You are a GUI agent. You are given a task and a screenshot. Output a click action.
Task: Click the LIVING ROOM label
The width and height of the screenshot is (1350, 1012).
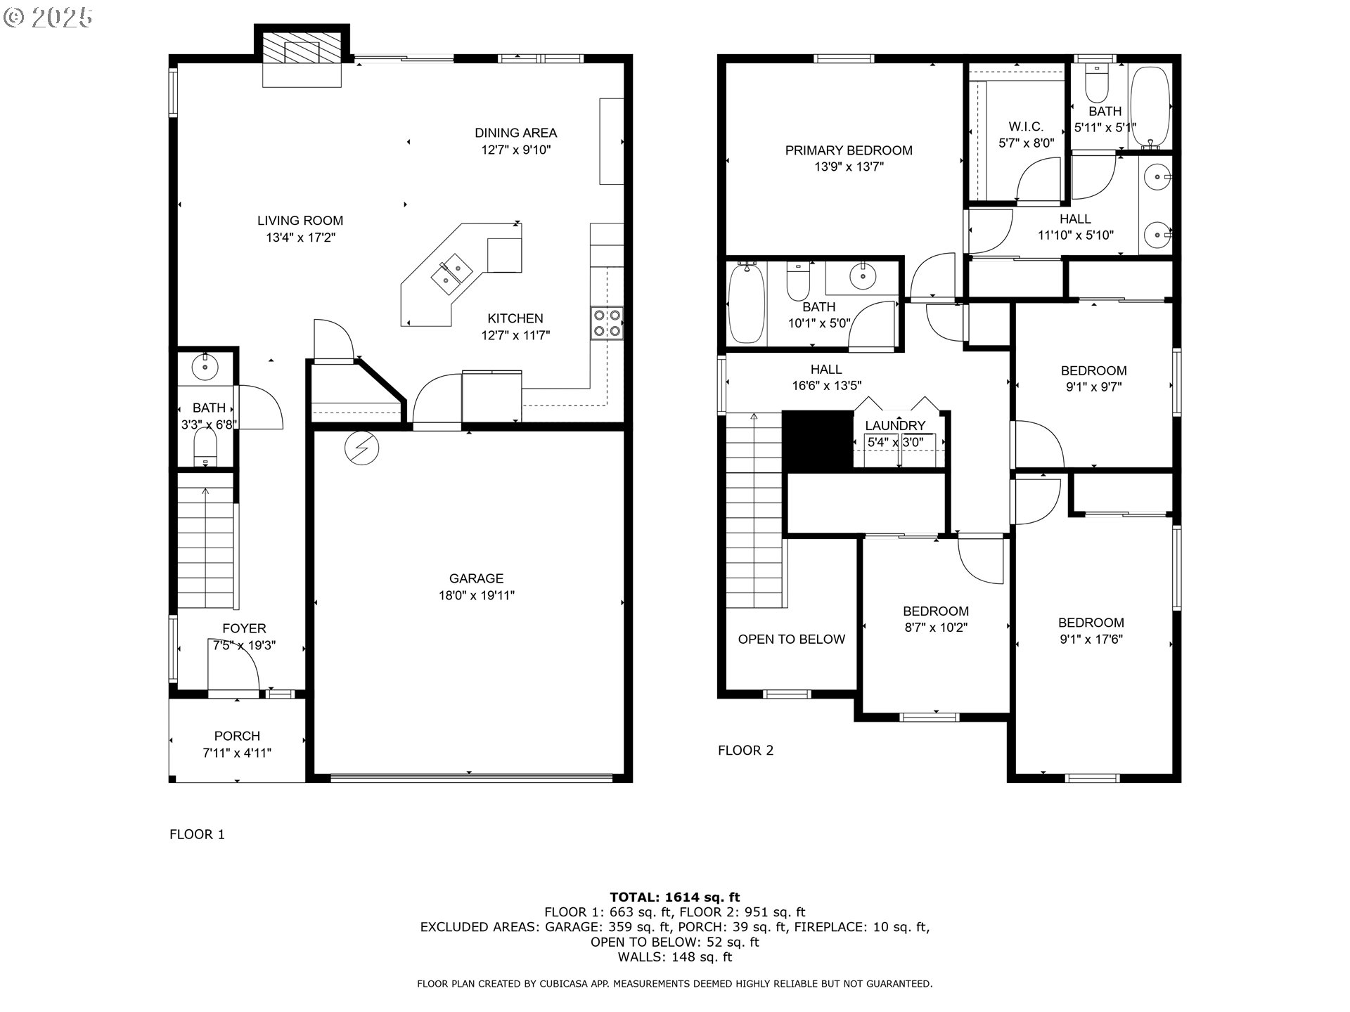pyautogui.click(x=300, y=221)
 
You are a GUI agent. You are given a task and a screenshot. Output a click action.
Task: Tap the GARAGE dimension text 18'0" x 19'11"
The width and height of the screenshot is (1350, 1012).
pyautogui.click(x=476, y=595)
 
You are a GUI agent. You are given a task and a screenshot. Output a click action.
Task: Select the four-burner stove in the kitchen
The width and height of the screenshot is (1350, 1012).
pyautogui.click(x=607, y=323)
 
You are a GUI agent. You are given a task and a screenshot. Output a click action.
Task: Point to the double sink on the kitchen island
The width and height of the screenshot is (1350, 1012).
pyautogui.click(x=451, y=275)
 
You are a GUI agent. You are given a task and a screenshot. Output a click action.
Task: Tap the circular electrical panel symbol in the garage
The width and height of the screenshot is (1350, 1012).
pyautogui.click(x=362, y=448)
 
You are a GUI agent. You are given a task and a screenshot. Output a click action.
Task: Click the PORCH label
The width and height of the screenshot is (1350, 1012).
pyautogui.click(x=237, y=736)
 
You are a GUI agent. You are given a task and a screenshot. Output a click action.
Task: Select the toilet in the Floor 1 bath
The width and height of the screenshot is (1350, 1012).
pyautogui.click(x=205, y=447)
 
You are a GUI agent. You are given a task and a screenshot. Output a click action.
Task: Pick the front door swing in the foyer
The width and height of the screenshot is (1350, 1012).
pyautogui.click(x=234, y=665)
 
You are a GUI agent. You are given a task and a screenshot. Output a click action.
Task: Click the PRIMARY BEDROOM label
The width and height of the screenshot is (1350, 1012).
pyautogui.click(x=849, y=150)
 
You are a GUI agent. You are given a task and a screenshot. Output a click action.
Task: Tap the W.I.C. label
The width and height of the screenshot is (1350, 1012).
pyautogui.click(x=1026, y=126)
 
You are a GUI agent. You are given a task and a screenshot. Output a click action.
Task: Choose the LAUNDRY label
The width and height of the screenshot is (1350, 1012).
pyautogui.click(x=895, y=425)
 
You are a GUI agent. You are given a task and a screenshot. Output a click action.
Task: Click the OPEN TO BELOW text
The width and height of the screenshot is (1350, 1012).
pyautogui.click(x=792, y=639)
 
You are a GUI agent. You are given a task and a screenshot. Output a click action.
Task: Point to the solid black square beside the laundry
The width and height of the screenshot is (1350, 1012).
pyautogui.click(x=818, y=441)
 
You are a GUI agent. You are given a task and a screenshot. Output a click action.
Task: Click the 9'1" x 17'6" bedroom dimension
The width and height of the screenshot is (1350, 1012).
pyautogui.click(x=1092, y=640)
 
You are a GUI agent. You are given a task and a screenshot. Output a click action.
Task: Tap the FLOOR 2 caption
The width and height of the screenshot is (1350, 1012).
pyautogui.click(x=745, y=751)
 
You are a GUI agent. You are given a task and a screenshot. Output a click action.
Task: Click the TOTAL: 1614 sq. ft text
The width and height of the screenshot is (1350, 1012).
pyautogui.click(x=675, y=897)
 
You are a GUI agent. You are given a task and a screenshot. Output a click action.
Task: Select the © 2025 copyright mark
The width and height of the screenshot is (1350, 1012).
pyautogui.click(x=48, y=18)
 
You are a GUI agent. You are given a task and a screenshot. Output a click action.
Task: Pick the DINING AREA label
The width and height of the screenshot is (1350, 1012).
pyautogui.click(x=515, y=133)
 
